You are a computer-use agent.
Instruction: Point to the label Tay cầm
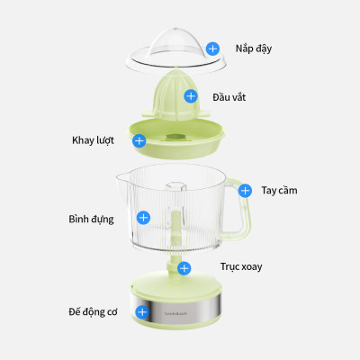pos(279,190)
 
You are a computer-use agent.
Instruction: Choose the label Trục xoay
pos(241,267)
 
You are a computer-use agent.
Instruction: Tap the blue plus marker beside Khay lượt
pos(139,140)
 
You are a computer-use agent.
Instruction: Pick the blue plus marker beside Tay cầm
pos(245,190)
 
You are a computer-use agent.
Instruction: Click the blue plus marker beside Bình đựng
pos(142,218)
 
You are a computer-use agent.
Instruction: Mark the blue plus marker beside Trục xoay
pos(184,268)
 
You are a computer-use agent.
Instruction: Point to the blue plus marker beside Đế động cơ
pos(141,311)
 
